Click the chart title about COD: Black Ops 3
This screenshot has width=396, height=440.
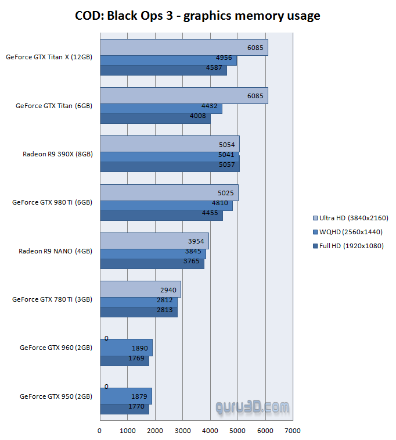[197, 16]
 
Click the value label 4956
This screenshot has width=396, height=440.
[224, 58]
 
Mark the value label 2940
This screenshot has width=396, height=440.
[168, 289]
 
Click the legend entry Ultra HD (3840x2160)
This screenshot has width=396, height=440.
[350, 218]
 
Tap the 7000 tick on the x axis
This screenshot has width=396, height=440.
[293, 431]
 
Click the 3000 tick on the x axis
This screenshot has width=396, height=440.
[182, 431]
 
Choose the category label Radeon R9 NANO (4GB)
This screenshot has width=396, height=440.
[56, 251]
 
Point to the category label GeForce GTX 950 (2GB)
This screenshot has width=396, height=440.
[56, 396]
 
